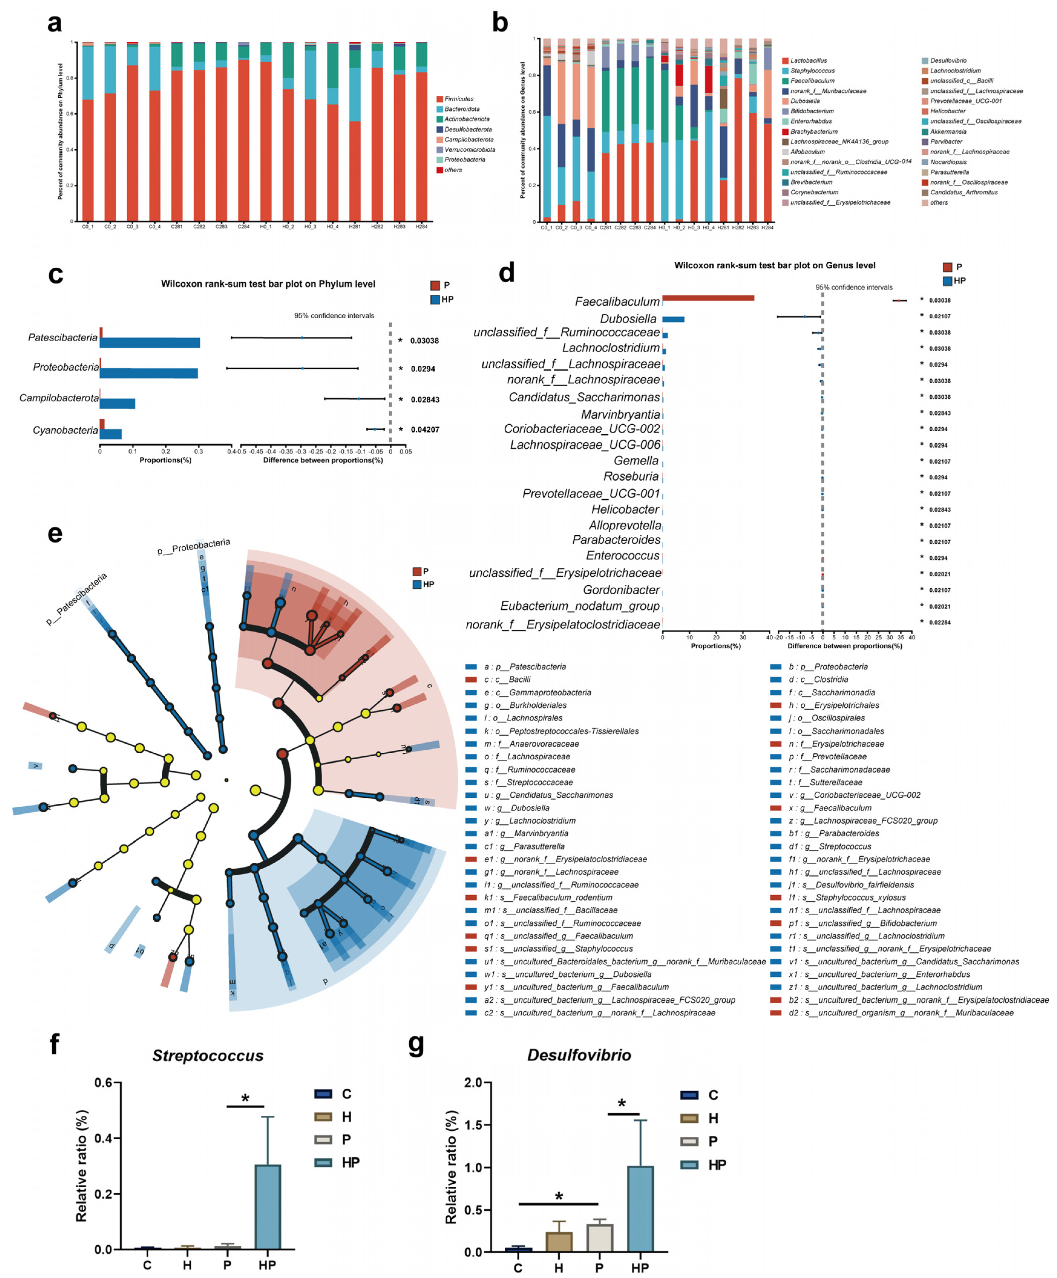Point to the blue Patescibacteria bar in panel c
tap(150, 343)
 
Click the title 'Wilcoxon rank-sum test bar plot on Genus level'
tap(775, 265)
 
